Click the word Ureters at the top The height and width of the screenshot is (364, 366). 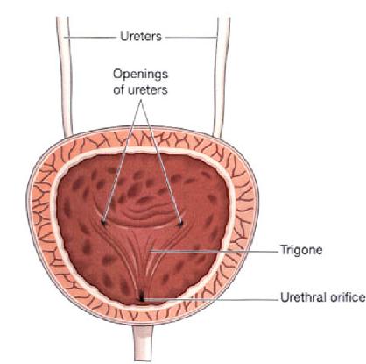pyautogui.click(x=141, y=37)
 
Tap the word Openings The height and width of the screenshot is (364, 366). pyautogui.click(x=140, y=75)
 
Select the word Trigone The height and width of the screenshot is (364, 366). pyautogui.click(x=301, y=250)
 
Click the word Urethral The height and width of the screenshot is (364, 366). pyautogui.click(x=303, y=297)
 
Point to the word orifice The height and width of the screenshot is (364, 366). pyautogui.click(x=348, y=297)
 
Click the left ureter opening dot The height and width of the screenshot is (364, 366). pyautogui.click(x=103, y=223)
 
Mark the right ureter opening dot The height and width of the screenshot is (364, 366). pyautogui.click(x=180, y=224)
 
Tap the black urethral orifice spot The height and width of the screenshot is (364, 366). pyautogui.click(x=142, y=298)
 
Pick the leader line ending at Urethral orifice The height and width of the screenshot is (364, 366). pyautogui.click(x=211, y=299)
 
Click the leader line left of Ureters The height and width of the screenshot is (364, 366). pyautogui.click(x=89, y=38)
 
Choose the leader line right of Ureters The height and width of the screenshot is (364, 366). pyautogui.click(x=192, y=38)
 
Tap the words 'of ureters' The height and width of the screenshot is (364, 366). pyautogui.click(x=140, y=89)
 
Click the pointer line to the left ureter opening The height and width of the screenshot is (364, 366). pyautogui.click(x=122, y=161)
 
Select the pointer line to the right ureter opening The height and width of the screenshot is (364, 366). pyautogui.click(x=161, y=161)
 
